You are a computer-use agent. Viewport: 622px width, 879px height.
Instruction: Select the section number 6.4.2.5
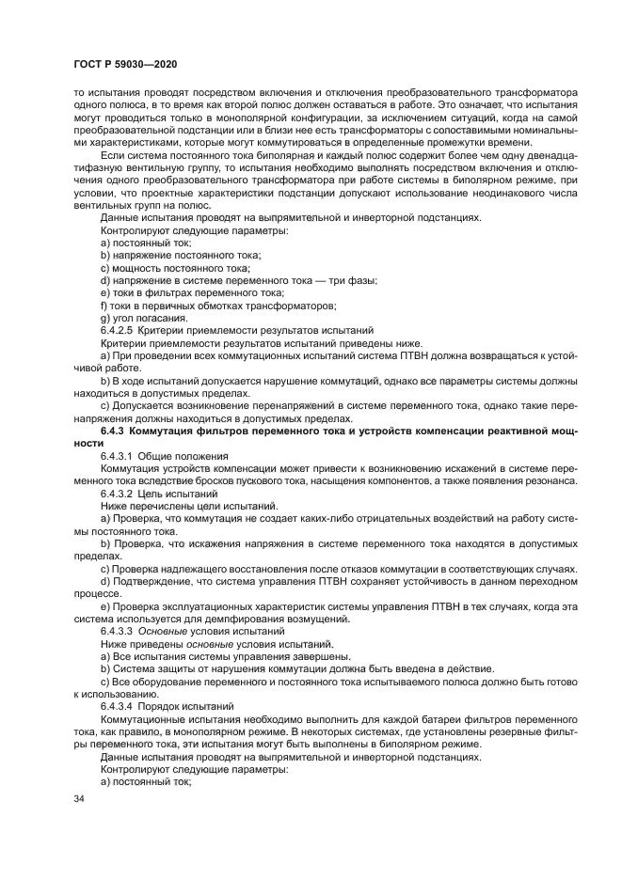click(119, 330)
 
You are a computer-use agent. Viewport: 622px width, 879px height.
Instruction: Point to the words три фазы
click(351, 280)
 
